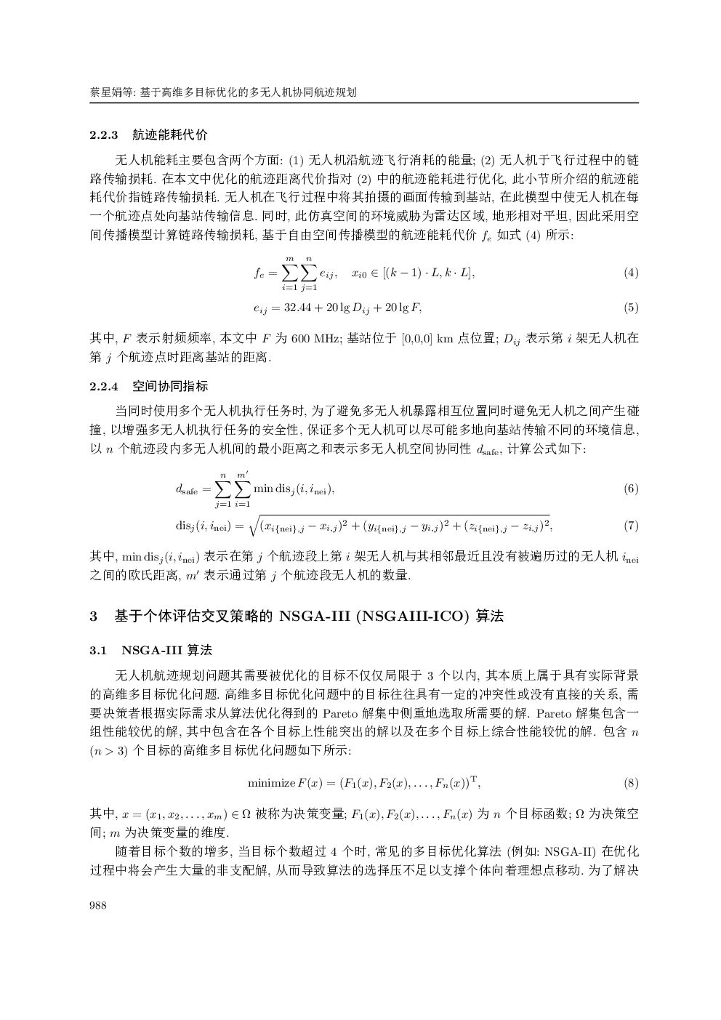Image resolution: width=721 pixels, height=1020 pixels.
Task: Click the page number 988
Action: tap(98, 905)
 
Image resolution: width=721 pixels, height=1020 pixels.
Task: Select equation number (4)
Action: tap(631, 273)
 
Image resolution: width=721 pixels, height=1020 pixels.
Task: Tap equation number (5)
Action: tap(631, 308)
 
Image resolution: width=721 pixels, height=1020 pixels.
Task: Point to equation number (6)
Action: tap(631, 489)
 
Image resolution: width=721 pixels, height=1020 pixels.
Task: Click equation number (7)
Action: tap(631, 525)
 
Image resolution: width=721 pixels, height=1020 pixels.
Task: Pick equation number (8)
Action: tap(631, 783)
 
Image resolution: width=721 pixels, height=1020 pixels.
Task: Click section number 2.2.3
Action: tap(104, 135)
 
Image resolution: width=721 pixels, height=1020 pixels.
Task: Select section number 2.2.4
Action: tap(104, 386)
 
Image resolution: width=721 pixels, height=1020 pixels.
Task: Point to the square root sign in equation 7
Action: tap(254, 524)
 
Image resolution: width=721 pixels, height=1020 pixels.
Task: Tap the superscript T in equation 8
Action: tap(474, 779)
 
